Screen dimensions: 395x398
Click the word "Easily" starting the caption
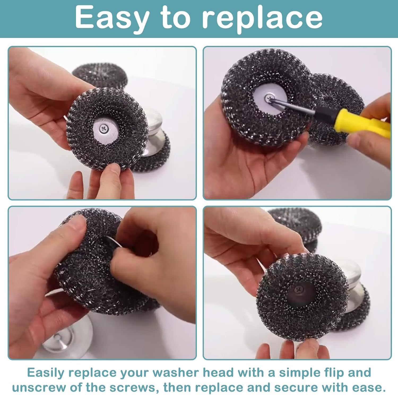[x=46, y=373]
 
